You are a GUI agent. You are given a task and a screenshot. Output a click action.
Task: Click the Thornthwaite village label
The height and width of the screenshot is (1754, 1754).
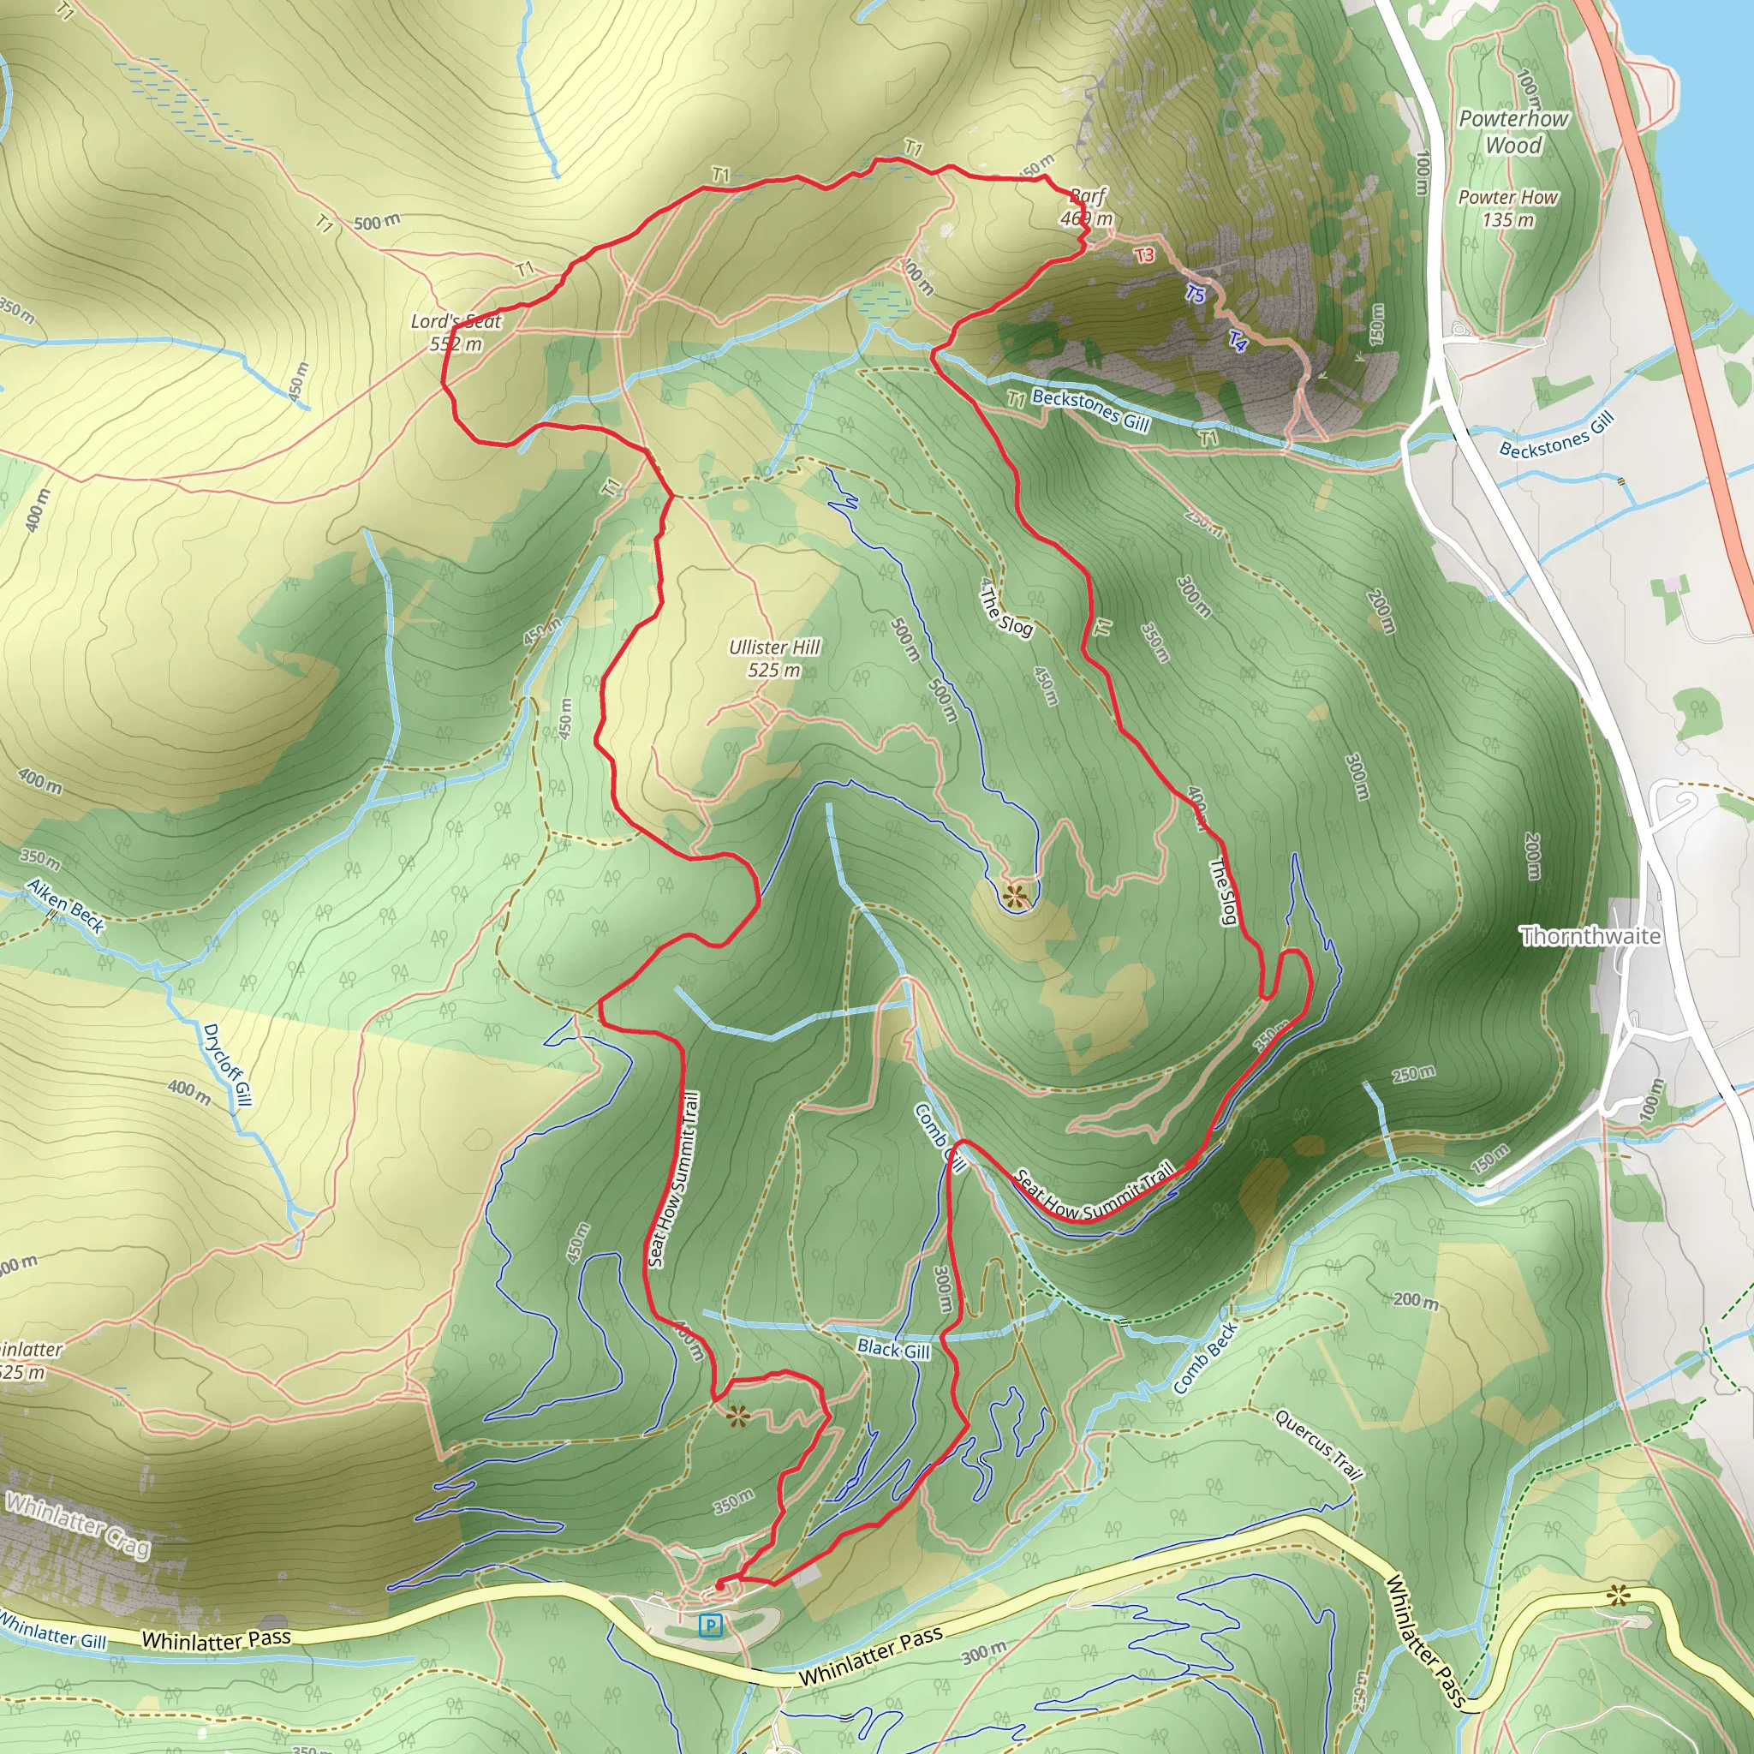click(x=1590, y=936)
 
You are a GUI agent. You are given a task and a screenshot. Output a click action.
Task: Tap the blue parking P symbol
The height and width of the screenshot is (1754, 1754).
click(x=711, y=1625)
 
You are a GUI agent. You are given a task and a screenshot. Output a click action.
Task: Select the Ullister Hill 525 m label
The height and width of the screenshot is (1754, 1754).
click(x=773, y=659)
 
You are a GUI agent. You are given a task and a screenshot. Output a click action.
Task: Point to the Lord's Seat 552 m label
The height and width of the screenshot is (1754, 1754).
click(x=456, y=332)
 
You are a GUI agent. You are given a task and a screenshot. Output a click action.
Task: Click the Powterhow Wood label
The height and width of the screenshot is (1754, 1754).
click(x=1513, y=132)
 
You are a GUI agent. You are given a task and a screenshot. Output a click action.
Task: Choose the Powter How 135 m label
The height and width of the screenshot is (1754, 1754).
click(x=1507, y=208)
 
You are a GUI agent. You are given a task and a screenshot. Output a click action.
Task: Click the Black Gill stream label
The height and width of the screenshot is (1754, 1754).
click(x=893, y=1349)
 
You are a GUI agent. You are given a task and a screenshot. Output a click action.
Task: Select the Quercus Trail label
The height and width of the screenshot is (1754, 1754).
click(x=1319, y=1443)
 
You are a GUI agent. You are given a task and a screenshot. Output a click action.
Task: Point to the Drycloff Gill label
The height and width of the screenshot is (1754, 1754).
click(x=226, y=1064)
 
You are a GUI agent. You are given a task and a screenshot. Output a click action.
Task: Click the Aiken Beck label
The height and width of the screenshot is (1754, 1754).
click(x=65, y=905)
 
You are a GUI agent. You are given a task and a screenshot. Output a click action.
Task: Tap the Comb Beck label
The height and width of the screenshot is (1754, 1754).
click(x=1205, y=1358)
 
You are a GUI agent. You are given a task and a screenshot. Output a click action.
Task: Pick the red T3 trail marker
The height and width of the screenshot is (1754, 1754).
click(x=1145, y=255)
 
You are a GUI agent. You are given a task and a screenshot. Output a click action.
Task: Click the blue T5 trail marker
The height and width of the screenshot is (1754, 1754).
click(x=1195, y=293)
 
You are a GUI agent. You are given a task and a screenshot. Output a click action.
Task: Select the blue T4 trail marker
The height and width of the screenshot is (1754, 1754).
click(x=1238, y=341)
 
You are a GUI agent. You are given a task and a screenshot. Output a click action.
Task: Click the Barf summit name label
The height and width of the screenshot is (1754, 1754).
click(x=1088, y=195)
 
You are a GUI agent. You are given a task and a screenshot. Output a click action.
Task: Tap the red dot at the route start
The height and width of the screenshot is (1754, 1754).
click(x=720, y=1584)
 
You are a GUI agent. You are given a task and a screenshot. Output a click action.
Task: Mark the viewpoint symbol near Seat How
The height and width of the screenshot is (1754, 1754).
click(x=737, y=1415)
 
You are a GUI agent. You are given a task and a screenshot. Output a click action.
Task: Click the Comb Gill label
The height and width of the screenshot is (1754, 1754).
click(x=940, y=1137)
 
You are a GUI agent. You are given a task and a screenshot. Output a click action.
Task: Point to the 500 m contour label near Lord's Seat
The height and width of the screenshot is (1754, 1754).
click(x=376, y=223)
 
